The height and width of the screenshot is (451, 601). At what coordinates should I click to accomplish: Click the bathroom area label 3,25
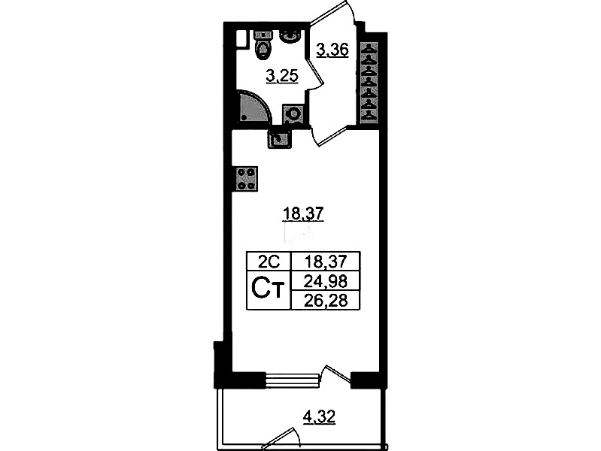(x=282, y=76)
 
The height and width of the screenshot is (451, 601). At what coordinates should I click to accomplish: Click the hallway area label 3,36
(x=332, y=50)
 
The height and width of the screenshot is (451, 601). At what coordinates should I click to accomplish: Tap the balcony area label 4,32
(x=319, y=416)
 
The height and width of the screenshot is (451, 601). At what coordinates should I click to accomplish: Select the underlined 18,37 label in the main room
(x=303, y=213)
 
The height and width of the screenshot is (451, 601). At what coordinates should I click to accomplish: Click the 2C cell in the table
(x=269, y=262)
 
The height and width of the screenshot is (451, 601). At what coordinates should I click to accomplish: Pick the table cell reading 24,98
(x=326, y=282)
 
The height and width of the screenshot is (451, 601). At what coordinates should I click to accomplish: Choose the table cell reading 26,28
(x=326, y=301)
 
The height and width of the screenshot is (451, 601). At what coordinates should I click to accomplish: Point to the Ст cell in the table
(x=269, y=290)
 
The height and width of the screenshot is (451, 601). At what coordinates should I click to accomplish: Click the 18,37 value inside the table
(x=326, y=262)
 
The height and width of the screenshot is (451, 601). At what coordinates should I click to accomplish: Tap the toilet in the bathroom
(x=263, y=45)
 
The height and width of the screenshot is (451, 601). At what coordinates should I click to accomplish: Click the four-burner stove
(x=246, y=179)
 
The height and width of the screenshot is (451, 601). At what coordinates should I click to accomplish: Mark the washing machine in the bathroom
(x=293, y=114)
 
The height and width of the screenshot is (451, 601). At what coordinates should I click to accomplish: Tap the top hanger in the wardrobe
(x=369, y=49)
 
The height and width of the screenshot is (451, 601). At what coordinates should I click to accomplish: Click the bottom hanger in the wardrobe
(x=369, y=114)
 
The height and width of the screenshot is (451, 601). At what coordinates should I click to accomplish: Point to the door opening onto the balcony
(x=336, y=375)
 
